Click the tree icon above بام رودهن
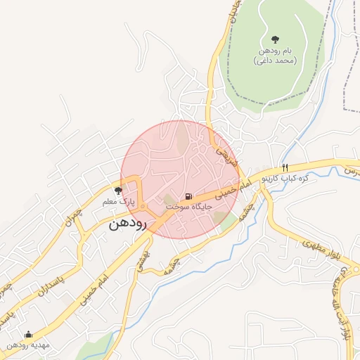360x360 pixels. (x=274, y=39)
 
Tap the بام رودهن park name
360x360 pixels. (x=274, y=51)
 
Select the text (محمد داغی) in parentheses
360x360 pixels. (x=274, y=61)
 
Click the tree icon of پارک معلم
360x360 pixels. (x=118, y=191)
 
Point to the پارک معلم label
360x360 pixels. (x=118, y=202)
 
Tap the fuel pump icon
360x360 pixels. (x=188, y=197)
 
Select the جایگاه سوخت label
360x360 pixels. (x=188, y=208)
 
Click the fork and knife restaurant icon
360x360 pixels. (x=285, y=167)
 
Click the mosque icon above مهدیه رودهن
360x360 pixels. (x=28, y=335)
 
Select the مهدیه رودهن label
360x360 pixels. (x=28, y=346)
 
